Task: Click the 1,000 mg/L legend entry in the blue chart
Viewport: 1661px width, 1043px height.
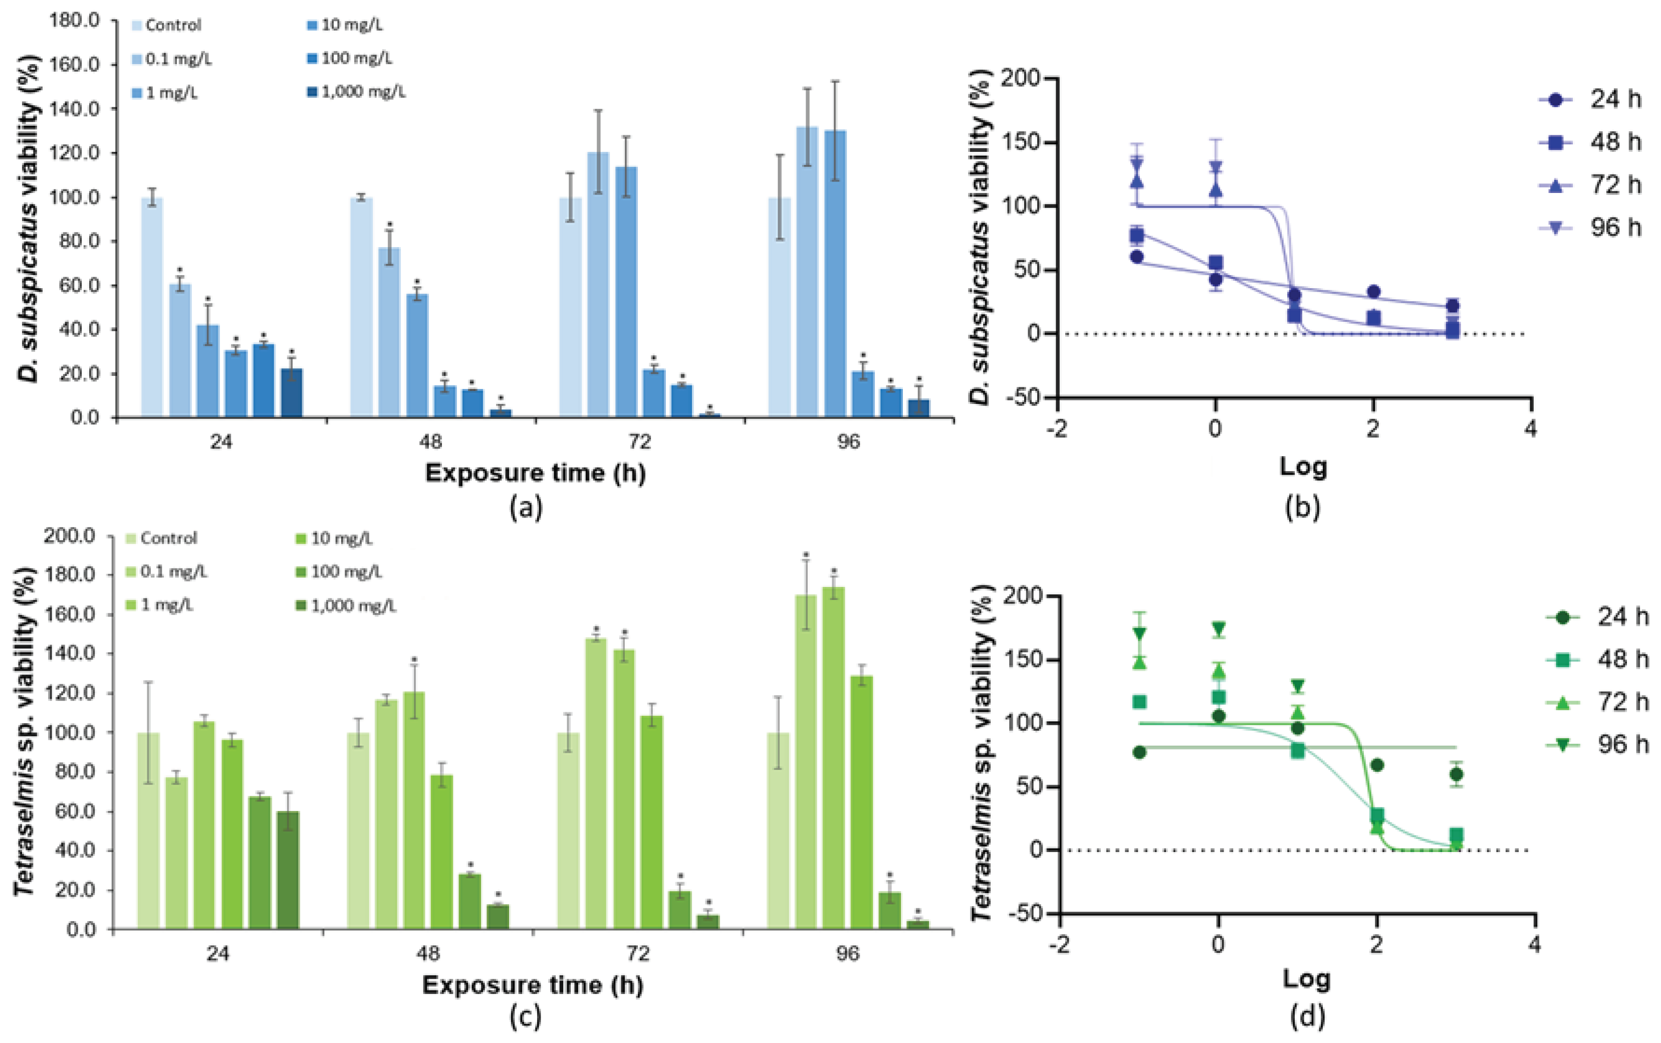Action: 356,92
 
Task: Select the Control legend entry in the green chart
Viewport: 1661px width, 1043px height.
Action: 162,538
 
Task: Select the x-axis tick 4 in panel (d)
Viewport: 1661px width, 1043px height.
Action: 1534,943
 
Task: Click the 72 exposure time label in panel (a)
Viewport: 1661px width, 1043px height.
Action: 639,442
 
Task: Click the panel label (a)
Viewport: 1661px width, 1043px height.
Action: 526,508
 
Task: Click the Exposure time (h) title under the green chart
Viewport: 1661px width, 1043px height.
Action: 532,985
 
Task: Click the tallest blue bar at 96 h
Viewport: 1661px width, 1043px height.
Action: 807,273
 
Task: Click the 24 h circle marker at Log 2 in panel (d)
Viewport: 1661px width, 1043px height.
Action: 1377,765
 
